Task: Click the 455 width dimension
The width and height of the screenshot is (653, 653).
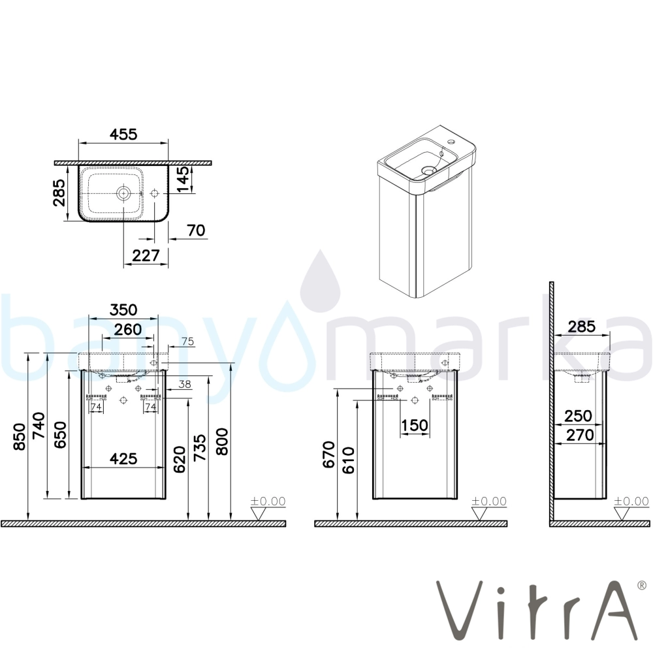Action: pyautogui.click(x=123, y=134)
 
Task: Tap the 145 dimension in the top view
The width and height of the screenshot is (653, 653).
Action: pyautogui.click(x=183, y=180)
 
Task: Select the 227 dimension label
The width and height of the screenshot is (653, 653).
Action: pyautogui.click(x=146, y=255)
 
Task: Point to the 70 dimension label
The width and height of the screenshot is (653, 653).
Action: pyautogui.click(x=196, y=231)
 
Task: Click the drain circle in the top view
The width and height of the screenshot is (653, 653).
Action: pyautogui.click(x=123, y=193)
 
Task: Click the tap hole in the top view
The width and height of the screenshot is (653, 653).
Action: pyautogui.click(x=155, y=194)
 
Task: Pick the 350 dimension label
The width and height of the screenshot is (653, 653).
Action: pyautogui.click(x=123, y=310)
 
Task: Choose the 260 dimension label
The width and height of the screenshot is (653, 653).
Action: pyautogui.click(x=128, y=329)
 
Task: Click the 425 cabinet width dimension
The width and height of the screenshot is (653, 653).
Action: pyautogui.click(x=123, y=458)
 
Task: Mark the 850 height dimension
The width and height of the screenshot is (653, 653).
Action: pyautogui.click(x=20, y=437)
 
